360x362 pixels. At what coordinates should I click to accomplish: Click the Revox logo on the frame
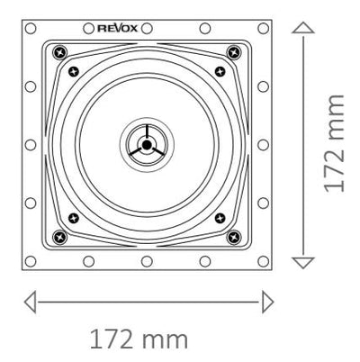click(x=118, y=29)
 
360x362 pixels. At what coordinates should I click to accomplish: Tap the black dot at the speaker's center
click(x=147, y=145)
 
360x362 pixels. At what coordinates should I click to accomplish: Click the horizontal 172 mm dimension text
click(x=139, y=339)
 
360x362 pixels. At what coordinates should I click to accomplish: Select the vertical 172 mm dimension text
click(x=334, y=143)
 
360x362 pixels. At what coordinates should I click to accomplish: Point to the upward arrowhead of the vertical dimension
click(x=303, y=28)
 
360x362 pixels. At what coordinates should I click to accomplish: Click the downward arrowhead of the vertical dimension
click(x=303, y=263)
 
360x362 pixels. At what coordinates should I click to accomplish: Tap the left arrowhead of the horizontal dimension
click(x=30, y=302)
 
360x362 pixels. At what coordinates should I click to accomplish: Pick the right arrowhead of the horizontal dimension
click(x=267, y=302)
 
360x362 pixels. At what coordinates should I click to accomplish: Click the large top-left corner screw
click(x=59, y=53)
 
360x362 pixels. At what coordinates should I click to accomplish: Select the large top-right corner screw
click(x=234, y=53)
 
